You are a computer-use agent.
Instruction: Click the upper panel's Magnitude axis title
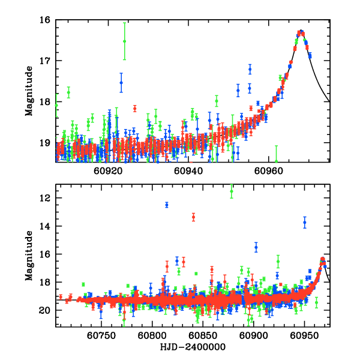[28, 91]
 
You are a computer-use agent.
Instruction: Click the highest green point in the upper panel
[124, 41]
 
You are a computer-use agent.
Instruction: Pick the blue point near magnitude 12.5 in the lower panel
[167, 205]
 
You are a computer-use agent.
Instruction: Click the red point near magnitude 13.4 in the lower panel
[193, 217]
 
